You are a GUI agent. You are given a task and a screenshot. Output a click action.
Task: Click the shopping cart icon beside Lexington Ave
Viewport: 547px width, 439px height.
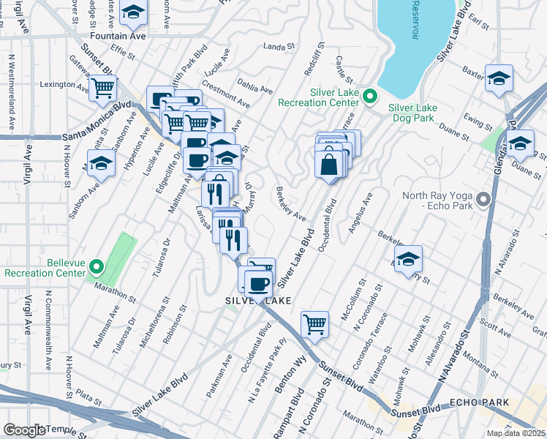click(x=103, y=88)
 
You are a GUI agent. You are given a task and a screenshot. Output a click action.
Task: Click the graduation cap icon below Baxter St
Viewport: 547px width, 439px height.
click(x=499, y=78)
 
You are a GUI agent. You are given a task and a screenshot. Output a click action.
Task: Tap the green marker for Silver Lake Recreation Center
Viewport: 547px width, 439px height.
click(x=370, y=96)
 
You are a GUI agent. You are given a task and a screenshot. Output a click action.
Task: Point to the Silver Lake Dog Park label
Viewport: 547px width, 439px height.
click(x=412, y=113)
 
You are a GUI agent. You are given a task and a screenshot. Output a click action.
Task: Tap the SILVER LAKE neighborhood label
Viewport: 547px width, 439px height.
click(x=257, y=301)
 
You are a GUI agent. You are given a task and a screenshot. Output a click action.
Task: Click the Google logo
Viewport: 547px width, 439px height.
click(x=25, y=430)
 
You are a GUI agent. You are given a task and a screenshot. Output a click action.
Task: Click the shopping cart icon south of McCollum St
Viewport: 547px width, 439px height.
click(x=314, y=323)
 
